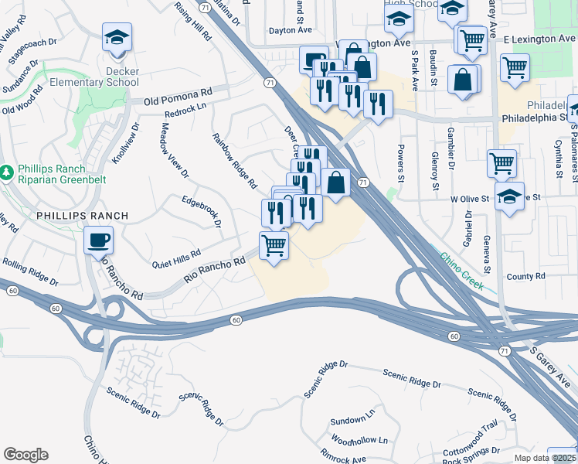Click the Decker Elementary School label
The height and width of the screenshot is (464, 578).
click(x=83, y=76)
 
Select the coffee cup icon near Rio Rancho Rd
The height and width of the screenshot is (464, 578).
click(x=99, y=240)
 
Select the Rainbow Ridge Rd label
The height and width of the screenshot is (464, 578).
click(x=234, y=160)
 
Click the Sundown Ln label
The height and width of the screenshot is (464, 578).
click(x=348, y=420)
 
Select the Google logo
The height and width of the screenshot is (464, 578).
click(x=25, y=455)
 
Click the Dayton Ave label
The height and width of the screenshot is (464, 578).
click(x=290, y=30)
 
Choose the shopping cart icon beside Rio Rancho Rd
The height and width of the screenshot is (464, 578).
click(x=274, y=247)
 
